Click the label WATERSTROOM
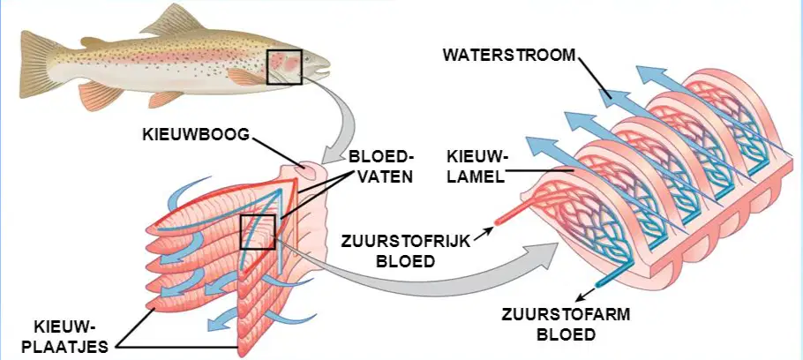click(509, 56)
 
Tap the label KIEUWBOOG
click(196, 135)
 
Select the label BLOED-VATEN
click(380, 166)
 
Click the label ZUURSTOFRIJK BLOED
click(406, 251)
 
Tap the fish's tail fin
click(39, 64)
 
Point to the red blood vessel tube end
click(497, 222)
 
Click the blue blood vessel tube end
click(598, 282)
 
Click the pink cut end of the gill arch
click(311, 170)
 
